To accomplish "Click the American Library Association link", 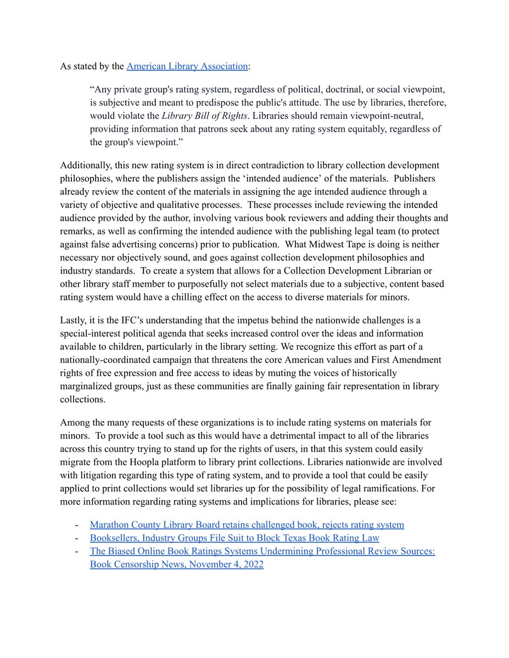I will point(187,66).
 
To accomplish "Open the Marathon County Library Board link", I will point(247,525).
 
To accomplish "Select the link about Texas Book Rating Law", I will point(234,538).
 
